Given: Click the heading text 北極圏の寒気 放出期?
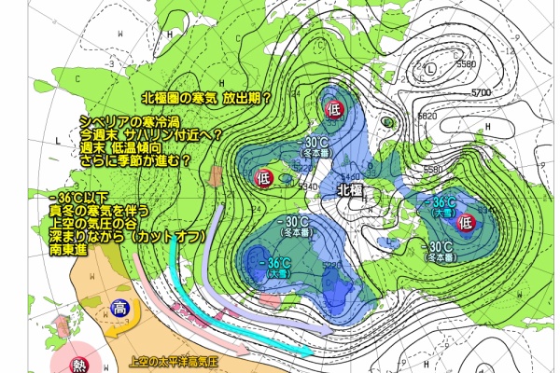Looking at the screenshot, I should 205,96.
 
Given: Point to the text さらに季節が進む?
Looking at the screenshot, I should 135,160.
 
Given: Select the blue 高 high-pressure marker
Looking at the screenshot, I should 119,309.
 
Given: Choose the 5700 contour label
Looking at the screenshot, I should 482,92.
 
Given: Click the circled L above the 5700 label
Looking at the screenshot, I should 428,70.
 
